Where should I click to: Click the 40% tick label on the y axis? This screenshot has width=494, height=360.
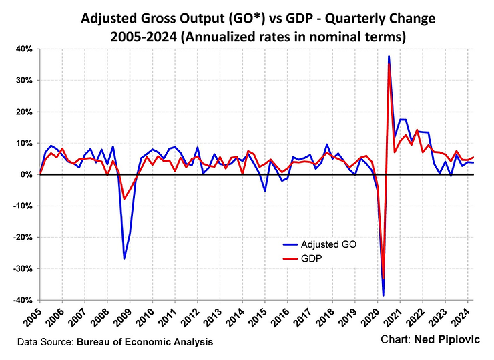(x=24, y=49)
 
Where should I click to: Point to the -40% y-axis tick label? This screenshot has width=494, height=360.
(x=22, y=300)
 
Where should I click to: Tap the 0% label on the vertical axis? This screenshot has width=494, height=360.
(x=27, y=174)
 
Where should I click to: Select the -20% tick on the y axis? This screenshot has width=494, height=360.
(x=22, y=237)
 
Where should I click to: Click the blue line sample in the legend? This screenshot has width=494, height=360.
(x=290, y=244)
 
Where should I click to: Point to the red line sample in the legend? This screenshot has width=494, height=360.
(x=290, y=257)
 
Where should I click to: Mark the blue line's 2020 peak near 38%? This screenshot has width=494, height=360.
(x=389, y=57)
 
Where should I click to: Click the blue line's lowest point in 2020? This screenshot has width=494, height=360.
(x=383, y=295)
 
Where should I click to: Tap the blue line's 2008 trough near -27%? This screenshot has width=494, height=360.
(x=124, y=258)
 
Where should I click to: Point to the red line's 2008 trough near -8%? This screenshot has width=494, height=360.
(x=124, y=199)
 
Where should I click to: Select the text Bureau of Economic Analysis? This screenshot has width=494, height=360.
(x=145, y=342)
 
